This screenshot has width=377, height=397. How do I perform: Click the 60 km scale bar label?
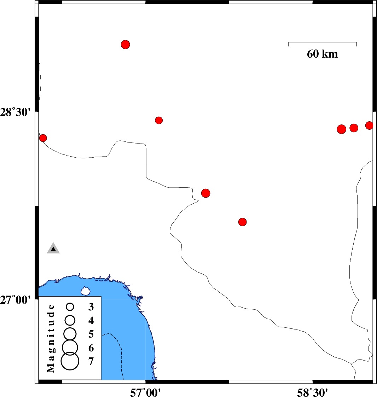click(x=322, y=54)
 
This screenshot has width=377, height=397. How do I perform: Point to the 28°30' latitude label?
click(x=15, y=112)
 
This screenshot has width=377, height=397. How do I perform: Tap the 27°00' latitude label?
click(x=15, y=300)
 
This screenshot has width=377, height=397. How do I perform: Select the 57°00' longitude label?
click(x=145, y=392)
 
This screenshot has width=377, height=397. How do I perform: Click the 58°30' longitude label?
click(x=312, y=392)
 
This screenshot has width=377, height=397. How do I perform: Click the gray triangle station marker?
click(x=53, y=248)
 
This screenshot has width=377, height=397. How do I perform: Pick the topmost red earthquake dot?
click(x=126, y=45)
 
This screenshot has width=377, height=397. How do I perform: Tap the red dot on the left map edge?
click(x=43, y=138)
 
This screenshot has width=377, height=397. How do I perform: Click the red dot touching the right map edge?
click(x=370, y=125)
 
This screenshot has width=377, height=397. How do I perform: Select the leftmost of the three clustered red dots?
click(x=342, y=129)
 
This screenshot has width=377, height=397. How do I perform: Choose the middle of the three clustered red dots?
click(x=354, y=128)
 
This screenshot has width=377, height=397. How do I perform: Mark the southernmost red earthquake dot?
click(x=243, y=222)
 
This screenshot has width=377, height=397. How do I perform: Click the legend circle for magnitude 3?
click(x=70, y=307)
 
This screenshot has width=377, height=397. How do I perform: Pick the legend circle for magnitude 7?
click(x=70, y=361)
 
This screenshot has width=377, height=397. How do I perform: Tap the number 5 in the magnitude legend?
click(x=91, y=334)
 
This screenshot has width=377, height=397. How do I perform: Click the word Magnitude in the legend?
click(x=51, y=339)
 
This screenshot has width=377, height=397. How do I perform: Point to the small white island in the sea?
click(x=86, y=291)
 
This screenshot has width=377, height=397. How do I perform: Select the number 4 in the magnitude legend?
click(x=91, y=321)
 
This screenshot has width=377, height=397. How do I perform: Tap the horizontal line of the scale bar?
click(x=323, y=42)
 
